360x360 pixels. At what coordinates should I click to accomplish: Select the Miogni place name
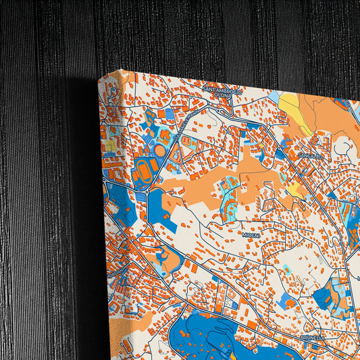(x=251, y=234)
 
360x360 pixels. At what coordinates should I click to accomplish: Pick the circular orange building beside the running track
(x=160, y=149)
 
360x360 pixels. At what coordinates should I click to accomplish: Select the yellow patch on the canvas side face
(x=110, y=145)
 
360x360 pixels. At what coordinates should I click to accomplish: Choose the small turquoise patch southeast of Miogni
(x=288, y=268)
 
